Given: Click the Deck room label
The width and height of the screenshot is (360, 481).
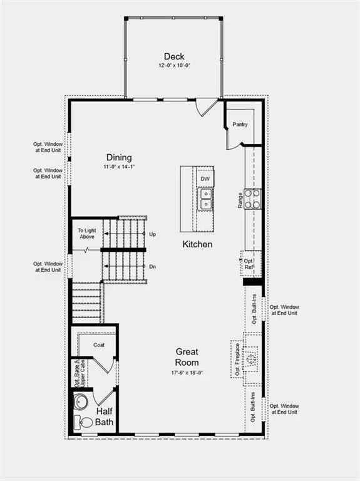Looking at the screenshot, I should pos(174,56).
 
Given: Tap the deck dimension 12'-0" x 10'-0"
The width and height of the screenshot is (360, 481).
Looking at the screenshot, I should pos(174,65).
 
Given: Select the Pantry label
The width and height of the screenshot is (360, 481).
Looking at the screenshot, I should pos(240,124).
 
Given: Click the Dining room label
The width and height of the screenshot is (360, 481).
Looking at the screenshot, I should pos(119,158).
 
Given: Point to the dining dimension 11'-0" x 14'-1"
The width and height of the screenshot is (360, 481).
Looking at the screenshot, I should pos(119,167).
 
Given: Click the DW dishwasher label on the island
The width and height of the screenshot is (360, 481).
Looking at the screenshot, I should pos(205,179).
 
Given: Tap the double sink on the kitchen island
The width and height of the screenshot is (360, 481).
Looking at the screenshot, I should pos(205,199).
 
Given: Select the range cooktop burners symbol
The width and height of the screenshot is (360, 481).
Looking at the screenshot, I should pos(253,199).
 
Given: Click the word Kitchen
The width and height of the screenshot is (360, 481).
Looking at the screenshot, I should pos(197,244).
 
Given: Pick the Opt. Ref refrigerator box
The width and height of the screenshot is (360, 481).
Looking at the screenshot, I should pos(249,264).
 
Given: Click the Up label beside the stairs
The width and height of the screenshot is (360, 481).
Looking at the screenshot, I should pos(152,234).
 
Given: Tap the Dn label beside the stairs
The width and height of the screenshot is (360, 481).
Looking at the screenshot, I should pos(152,266).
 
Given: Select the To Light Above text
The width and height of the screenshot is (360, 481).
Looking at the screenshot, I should pos(86,234).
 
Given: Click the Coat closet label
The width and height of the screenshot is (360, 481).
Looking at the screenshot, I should pos(99,344).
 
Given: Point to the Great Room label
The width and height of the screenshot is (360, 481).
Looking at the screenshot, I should pos(187,357).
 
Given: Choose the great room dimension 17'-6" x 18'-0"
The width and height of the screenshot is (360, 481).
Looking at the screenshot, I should pos(187,373).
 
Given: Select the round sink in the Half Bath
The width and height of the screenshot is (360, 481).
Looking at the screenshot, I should pos(80,401).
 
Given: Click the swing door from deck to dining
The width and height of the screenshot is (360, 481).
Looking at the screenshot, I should pos(207,108).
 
